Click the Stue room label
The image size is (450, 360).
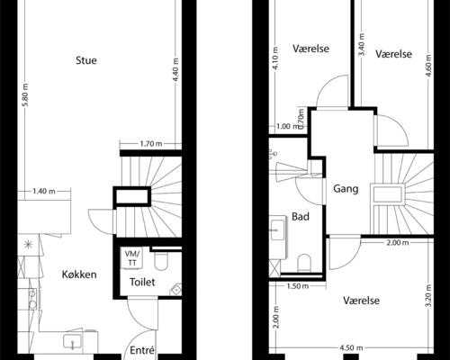pyautogui.click(x=86, y=61)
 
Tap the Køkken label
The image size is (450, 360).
pyautogui.click(x=79, y=274)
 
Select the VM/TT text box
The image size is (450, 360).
pyautogui.click(x=132, y=257)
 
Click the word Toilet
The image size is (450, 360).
pyautogui.click(x=143, y=282)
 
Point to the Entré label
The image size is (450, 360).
pyautogui.click(x=143, y=350)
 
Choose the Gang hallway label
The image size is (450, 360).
pyautogui.click(x=346, y=190)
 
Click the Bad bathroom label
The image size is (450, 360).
pyautogui.click(x=301, y=217)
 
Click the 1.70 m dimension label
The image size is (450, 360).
pyautogui.click(x=151, y=144)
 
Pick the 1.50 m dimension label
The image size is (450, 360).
pyautogui.click(x=298, y=286)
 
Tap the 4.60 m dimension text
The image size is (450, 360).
pyautogui.click(x=428, y=71)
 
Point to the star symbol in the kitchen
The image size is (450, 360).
pyautogui.click(x=28, y=244)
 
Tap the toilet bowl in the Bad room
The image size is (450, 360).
pyautogui.click(x=306, y=262)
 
